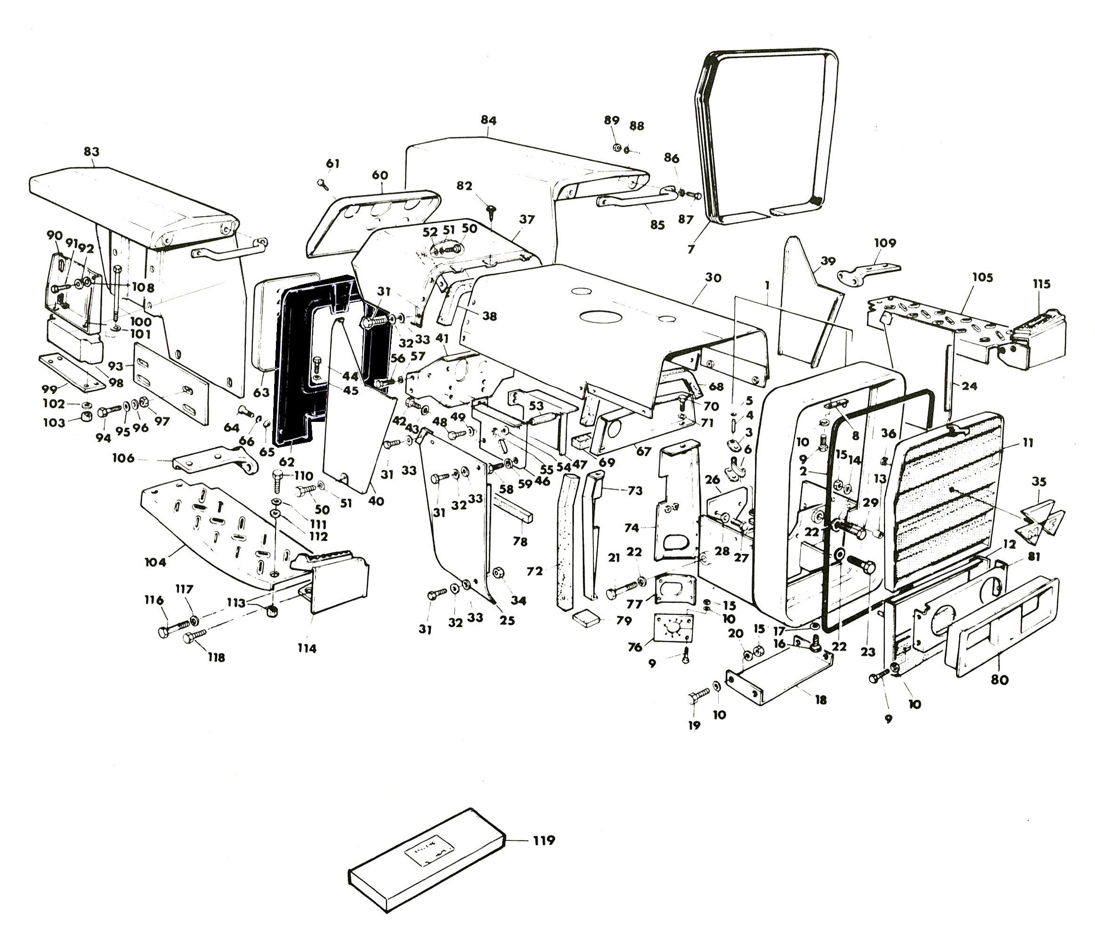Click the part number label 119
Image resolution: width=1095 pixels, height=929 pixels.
pos(543,840)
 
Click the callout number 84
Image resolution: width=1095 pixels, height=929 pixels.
pos(488,120)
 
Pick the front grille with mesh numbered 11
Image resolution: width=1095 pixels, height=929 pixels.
pos(943,501)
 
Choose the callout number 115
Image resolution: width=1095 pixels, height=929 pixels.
pos(1041,284)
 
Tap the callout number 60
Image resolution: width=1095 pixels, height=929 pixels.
pos(380,175)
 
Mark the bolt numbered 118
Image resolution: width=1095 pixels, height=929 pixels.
pos(196,640)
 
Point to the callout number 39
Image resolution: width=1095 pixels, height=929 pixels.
pos(828,261)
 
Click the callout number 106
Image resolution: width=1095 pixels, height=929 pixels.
pos(123,458)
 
